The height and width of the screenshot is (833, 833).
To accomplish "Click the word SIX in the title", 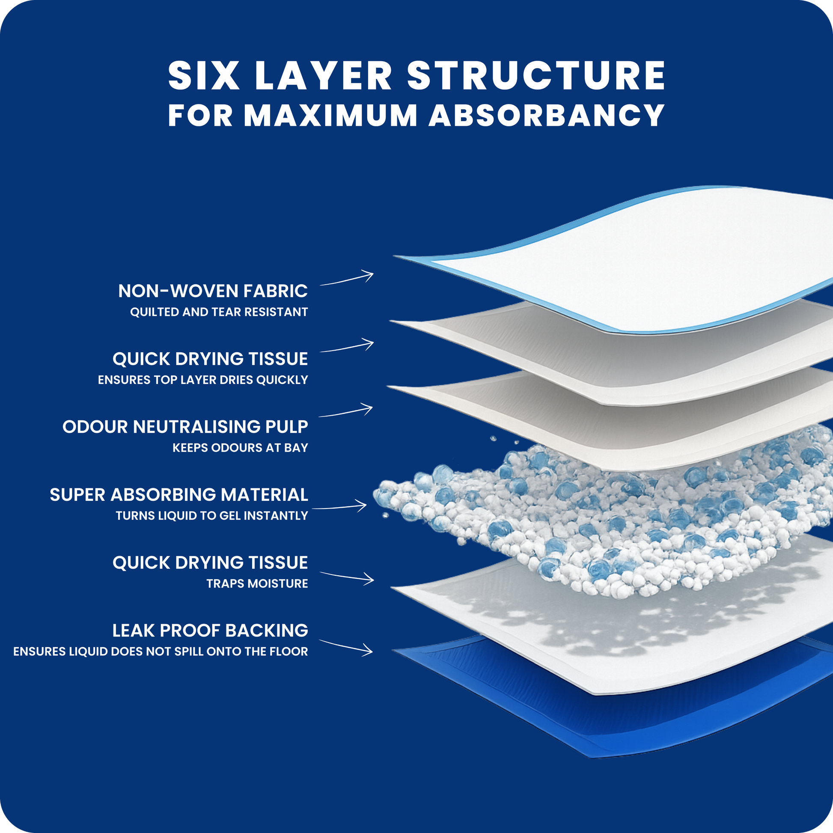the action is (x=203, y=75).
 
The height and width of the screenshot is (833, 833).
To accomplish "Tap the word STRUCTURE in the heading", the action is (x=536, y=75).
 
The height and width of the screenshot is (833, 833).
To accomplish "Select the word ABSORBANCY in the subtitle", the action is (x=547, y=115).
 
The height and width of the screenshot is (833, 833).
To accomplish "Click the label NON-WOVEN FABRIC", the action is (x=213, y=291).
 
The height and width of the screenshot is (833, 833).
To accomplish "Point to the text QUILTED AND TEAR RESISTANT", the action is (x=219, y=312).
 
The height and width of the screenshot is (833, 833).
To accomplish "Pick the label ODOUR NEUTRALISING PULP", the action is (x=185, y=427).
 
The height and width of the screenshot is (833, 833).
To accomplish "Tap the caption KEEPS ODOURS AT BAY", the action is (x=240, y=448).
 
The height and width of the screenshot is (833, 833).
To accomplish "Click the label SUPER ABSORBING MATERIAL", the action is (x=179, y=494).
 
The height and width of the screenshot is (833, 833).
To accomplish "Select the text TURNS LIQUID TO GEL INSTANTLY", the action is (x=212, y=516).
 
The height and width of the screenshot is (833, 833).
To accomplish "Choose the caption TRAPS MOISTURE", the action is (x=257, y=583).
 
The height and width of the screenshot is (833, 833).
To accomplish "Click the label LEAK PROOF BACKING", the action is (x=211, y=631).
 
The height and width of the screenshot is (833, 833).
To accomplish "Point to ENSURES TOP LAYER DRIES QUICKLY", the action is (x=203, y=380).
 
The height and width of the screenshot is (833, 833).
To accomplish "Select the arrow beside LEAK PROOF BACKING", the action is (x=346, y=646).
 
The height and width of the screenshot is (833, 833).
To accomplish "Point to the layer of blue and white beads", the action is (x=604, y=513).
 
